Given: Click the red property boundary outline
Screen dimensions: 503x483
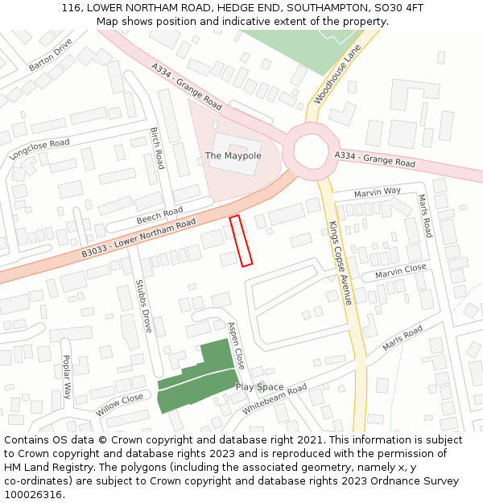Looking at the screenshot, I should pyautogui.click(x=242, y=241).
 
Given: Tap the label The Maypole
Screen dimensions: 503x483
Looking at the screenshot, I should pyautogui.click(x=233, y=155).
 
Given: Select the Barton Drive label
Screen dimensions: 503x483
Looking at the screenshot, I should pyautogui.click(x=51, y=55).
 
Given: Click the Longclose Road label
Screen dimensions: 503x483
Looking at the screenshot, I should pyautogui.click(x=39, y=149).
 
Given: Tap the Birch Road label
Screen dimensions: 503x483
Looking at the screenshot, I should pyautogui.click(x=157, y=148).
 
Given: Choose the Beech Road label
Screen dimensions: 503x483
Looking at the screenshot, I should pyautogui.click(x=159, y=215).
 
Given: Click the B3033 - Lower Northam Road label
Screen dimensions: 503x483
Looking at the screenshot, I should pyautogui.click(x=138, y=238).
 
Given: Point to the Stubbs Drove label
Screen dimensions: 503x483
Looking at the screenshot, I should pyautogui.click(x=143, y=306).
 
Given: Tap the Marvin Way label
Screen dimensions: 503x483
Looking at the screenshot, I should pyautogui.click(x=378, y=192).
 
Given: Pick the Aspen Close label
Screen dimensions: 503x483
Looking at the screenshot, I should pyautogui.click(x=235, y=344).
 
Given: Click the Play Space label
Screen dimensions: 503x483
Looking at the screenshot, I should pyautogui.click(x=259, y=387).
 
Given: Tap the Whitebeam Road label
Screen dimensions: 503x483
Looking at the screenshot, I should pyautogui.click(x=275, y=399).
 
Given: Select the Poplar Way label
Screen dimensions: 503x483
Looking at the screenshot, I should pyautogui.click(x=67, y=377).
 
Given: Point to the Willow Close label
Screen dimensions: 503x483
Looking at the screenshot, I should pyautogui.click(x=119, y=404).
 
